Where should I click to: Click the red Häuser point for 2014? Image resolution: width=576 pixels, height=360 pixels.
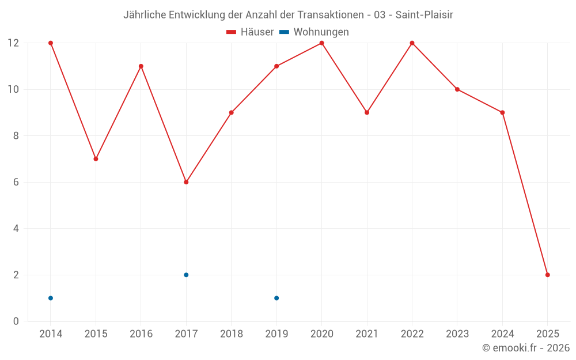point(51,43)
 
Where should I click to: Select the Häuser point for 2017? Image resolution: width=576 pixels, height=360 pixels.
point(186,182)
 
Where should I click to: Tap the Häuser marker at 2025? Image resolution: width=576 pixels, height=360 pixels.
point(547,275)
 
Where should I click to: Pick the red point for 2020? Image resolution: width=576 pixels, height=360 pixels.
point(321,43)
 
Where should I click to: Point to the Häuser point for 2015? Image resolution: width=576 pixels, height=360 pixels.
point(96,159)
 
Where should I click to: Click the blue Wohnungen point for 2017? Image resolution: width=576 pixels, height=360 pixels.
point(186,275)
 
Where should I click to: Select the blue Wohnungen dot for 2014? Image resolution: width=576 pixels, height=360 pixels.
point(51,298)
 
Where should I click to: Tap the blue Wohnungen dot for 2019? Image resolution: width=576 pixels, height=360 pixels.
point(276,298)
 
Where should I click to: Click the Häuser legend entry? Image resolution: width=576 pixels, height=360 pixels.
point(250,32)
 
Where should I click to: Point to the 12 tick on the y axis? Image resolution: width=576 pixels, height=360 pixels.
point(13,43)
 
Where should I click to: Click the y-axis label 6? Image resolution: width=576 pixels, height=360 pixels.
point(16,182)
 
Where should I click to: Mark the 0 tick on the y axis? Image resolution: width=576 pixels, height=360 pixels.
point(16,321)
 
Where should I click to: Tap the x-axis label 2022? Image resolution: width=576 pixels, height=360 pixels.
point(412,334)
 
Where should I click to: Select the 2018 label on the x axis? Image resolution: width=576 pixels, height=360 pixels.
point(231,334)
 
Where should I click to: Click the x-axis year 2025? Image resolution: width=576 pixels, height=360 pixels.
point(547,334)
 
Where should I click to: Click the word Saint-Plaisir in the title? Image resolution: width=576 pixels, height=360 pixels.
point(424,15)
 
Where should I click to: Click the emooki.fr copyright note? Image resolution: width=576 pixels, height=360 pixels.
point(525,348)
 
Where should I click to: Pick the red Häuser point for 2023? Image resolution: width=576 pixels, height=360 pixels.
point(457,89)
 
